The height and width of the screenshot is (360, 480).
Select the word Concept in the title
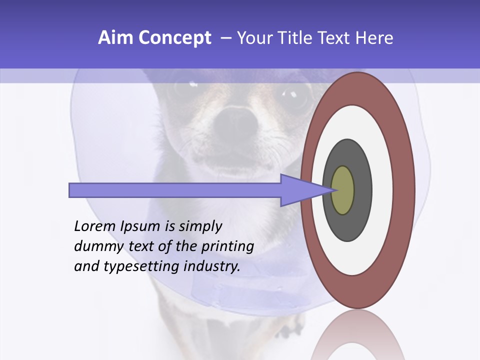175,38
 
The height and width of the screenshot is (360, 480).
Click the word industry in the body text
212,267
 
